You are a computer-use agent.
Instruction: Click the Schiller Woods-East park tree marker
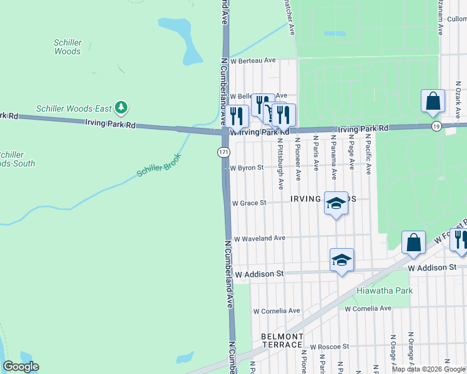[122, 108]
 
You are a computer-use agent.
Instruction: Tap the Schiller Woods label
[67, 47]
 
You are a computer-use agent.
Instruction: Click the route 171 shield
[224, 152]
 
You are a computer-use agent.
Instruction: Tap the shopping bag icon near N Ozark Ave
[433, 101]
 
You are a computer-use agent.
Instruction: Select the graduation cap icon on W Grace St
[336, 203]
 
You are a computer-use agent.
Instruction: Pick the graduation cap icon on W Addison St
[342, 260]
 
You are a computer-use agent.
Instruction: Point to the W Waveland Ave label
[258, 238]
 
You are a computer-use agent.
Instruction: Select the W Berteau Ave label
[253, 60]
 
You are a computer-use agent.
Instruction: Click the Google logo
[21, 367]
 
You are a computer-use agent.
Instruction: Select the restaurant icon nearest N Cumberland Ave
[237, 115]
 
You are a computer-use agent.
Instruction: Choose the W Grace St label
[249, 203]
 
